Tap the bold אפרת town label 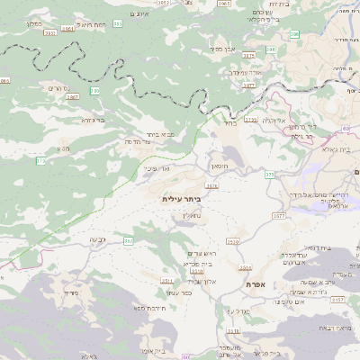coord(255,284)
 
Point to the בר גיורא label coord(94,119)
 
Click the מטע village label coord(63,148)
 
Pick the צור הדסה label coord(137,141)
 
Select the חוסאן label coord(220,168)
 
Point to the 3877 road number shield coord(249,85)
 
